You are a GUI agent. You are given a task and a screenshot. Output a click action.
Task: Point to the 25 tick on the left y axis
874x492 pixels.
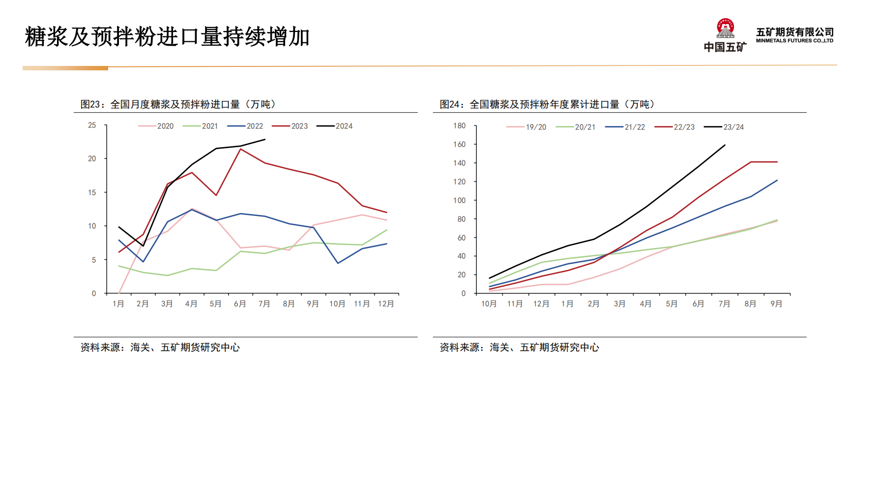92,125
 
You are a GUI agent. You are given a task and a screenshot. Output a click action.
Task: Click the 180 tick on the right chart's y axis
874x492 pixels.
459,126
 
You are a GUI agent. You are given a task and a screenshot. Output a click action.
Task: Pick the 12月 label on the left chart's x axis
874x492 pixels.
386,304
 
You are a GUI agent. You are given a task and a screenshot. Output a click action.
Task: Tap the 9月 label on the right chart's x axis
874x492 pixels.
776,304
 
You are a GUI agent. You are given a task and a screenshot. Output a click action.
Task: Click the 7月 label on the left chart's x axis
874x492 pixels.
264,304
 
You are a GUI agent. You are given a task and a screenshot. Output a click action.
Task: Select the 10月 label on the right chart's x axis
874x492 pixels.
489,304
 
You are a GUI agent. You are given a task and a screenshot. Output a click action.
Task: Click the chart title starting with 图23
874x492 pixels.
178,104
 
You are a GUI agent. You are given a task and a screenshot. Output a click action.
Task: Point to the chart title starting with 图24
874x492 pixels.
547,104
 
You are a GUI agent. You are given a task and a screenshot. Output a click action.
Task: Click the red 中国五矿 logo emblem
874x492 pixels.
725,29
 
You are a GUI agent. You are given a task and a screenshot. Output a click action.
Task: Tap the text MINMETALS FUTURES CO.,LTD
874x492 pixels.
794,41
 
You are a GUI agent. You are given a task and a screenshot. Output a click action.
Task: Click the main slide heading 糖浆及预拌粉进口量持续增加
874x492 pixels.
167,37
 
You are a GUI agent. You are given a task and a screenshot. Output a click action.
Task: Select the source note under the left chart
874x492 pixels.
160,347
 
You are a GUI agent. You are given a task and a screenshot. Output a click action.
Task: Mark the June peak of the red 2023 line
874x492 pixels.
240,149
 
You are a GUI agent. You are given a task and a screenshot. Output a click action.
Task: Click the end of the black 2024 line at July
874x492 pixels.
265,139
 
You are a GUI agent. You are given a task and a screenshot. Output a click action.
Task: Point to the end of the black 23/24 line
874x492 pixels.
725,145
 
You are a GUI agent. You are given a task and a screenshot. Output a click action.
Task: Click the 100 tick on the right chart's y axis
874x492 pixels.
459,201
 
